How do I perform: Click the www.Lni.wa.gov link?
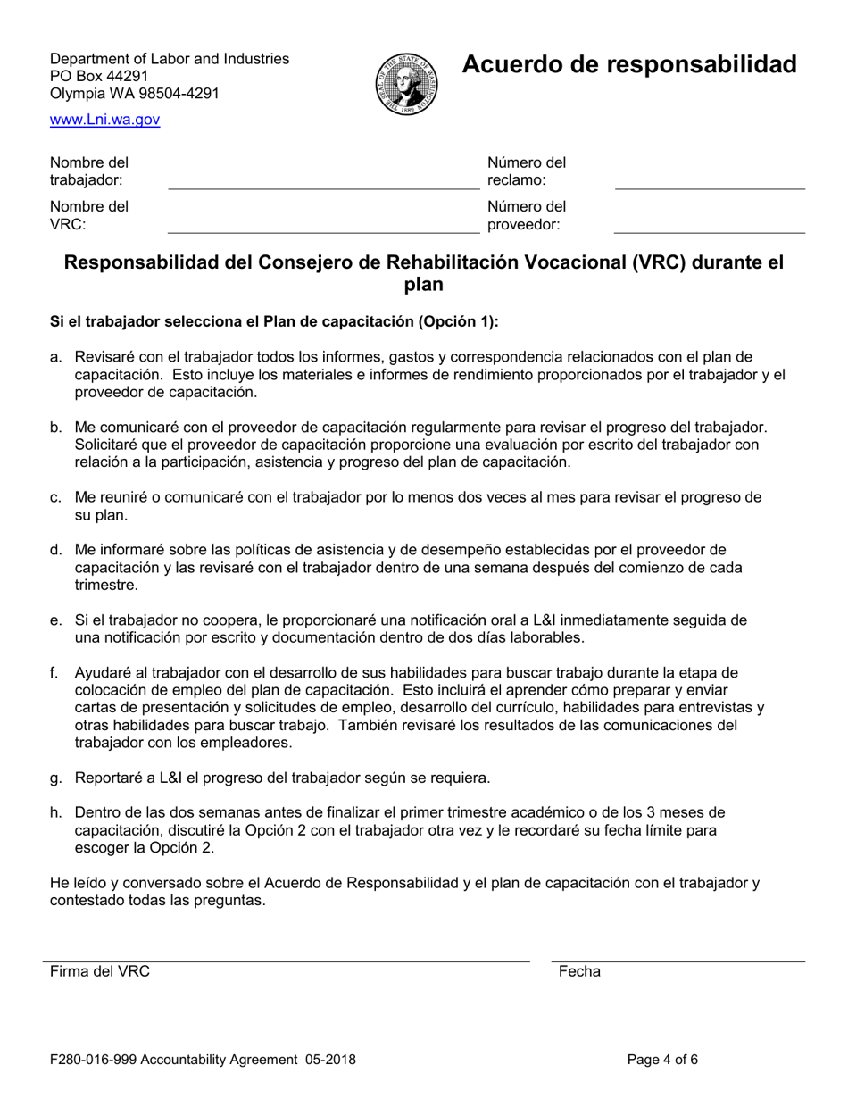[x=105, y=120]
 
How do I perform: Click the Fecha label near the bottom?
[x=579, y=972]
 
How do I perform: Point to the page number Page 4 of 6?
[x=662, y=1061]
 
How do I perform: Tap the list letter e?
[x=56, y=620]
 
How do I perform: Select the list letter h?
[x=56, y=812]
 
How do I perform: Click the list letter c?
[x=56, y=498]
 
